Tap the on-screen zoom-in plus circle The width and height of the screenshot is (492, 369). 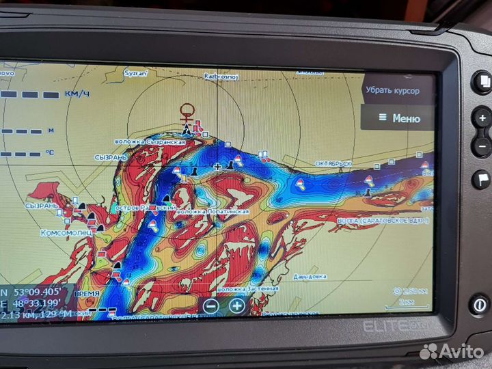tap(236, 305)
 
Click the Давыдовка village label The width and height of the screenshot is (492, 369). tap(310, 276)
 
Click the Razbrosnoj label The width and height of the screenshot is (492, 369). tap(221, 77)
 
